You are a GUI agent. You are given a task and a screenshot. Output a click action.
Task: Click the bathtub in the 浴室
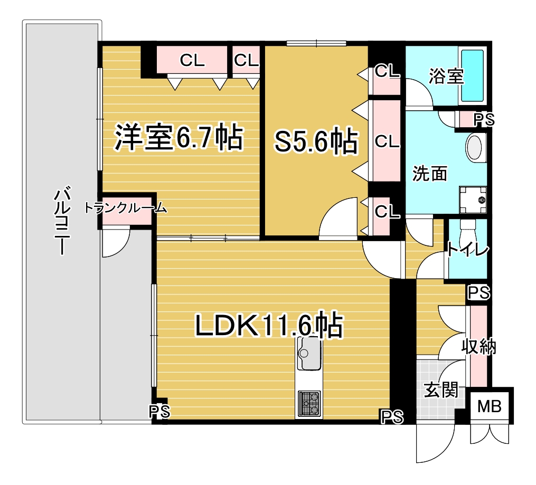(473, 75)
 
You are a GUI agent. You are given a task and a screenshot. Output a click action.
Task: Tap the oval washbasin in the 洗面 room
(475, 148)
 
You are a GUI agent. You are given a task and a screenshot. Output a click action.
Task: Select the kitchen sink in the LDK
(309, 353)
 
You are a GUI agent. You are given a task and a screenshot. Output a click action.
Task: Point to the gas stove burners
(309, 404)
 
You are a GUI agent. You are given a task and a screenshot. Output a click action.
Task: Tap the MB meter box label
(489, 406)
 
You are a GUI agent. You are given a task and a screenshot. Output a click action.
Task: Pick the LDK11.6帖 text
(269, 324)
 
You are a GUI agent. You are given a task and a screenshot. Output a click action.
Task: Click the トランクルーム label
(126, 207)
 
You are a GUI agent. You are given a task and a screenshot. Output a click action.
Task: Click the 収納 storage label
(478, 347)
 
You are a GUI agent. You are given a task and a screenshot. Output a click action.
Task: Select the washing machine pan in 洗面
(473, 200)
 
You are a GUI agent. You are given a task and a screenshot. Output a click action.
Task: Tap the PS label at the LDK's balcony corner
(159, 412)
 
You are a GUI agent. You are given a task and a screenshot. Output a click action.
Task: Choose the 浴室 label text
(446, 76)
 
